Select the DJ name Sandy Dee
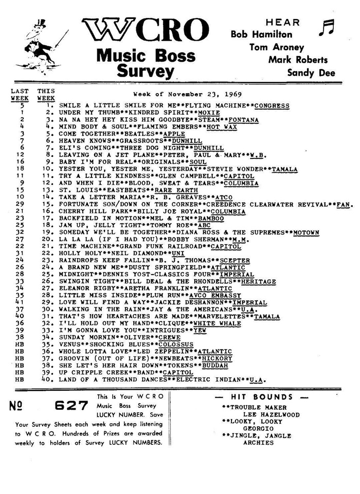[x=311, y=72]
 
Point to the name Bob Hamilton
[x=261, y=34]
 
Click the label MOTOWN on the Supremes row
[x=303, y=232]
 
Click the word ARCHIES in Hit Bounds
[x=259, y=443]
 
